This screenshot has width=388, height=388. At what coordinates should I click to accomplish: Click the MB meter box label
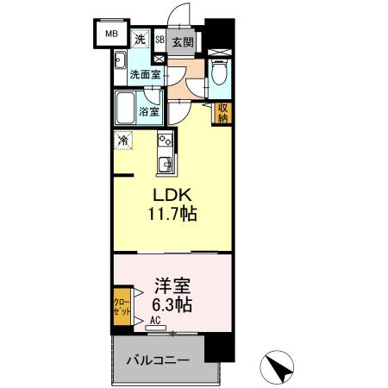pyautogui.click(x=110, y=34)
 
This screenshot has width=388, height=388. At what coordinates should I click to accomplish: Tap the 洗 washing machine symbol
pyautogui.click(x=140, y=39)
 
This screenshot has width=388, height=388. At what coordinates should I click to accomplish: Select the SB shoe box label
pyautogui.click(x=160, y=40)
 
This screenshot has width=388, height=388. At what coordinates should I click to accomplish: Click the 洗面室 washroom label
pyautogui.click(x=145, y=75)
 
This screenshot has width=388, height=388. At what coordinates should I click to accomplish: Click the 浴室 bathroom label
pyautogui.click(x=149, y=110)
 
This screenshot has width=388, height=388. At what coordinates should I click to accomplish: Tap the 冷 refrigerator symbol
pyautogui.click(x=124, y=139)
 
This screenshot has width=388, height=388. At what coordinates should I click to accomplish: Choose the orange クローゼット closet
pyautogui.click(x=122, y=308)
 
